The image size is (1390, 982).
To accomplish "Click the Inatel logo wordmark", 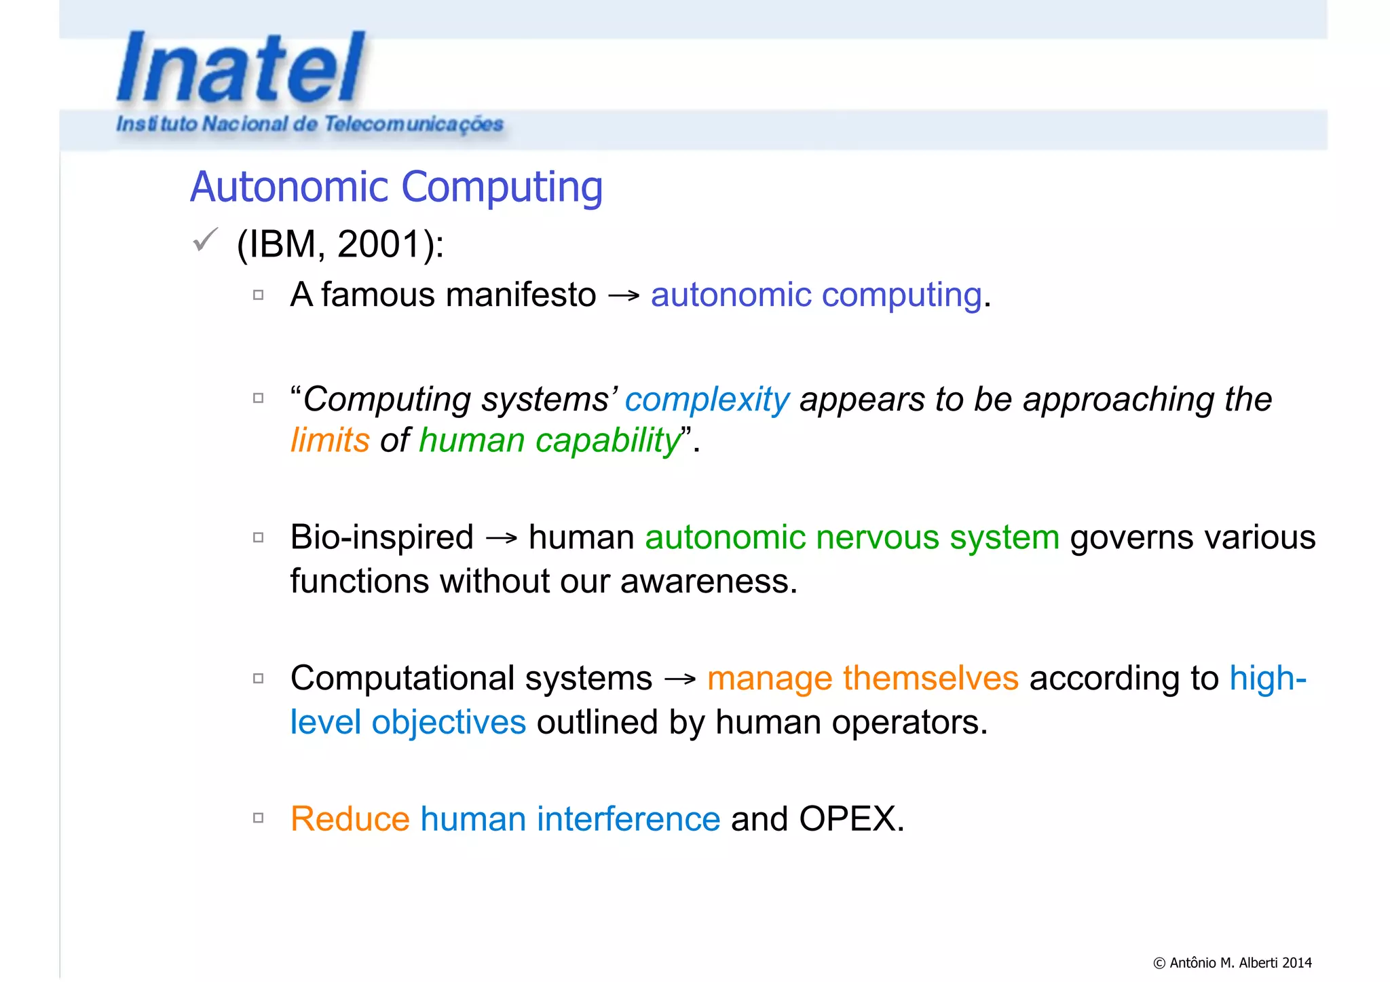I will (x=241, y=68).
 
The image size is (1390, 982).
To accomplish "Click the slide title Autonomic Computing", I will (x=396, y=187).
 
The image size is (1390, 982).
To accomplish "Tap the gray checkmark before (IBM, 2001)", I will (x=204, y=240).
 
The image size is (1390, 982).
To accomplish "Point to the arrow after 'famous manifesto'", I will (x=624, y=296).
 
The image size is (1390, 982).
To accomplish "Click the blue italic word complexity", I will (x=707, y=400).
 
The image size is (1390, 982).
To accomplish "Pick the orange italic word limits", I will (x=330, y=440).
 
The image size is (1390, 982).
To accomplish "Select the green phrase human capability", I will (x=550, y=440).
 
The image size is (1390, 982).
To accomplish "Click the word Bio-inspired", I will (x=381, y=537).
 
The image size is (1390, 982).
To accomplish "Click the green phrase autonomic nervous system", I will (x=852, y=537).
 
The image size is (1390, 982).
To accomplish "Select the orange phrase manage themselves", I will (x=862, y=678).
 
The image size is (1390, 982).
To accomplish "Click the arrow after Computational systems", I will (x=680, y=679).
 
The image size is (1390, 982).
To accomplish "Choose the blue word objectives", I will (x=448, y=722).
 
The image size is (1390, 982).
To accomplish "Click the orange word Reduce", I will (x=350, y=819).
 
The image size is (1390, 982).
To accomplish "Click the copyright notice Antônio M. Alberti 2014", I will (x=1232, y=962).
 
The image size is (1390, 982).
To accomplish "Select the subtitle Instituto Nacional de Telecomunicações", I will (x=309, y=124).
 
